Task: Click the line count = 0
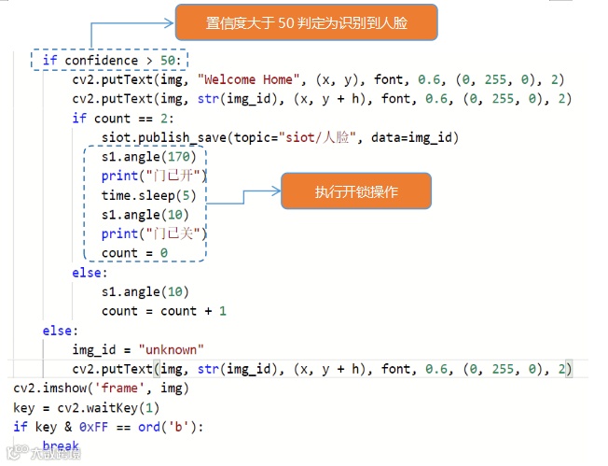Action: pos(134,253)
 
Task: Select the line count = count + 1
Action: pos(164,311)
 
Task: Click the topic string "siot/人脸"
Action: pos(320,137)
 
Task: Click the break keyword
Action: pos(61,446)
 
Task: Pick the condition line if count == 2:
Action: pos(114,119)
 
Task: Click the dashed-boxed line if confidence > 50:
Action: pos(108,61)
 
